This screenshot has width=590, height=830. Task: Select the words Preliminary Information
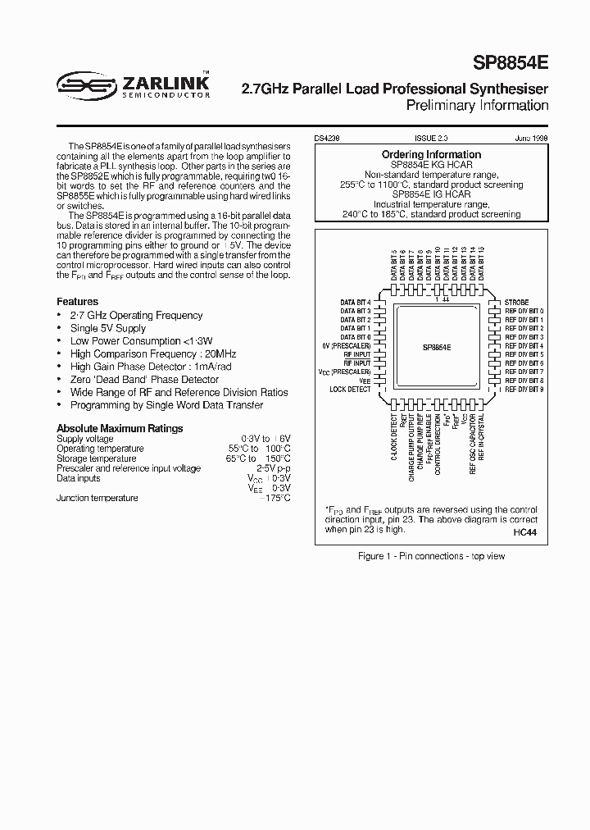pos(477,105)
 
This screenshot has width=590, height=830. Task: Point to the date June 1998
pos(533,140)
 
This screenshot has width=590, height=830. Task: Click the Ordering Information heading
pos(431,154)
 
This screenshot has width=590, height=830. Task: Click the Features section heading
pos(77,302)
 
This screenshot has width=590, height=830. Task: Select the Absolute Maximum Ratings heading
pos(120,428)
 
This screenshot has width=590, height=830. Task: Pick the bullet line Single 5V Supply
pos(108,328)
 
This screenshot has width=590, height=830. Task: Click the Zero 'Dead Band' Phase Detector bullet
pos(144,380)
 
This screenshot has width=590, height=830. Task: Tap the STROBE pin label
pos(516,303)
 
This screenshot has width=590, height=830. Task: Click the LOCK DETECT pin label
pos(350,390)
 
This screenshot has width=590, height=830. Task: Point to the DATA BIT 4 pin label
pos(356,303)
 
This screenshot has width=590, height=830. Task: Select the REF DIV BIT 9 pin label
pos(524,390)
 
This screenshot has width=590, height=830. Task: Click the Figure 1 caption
pos(432,556)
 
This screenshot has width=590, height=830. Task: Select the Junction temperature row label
pos(98,498)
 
